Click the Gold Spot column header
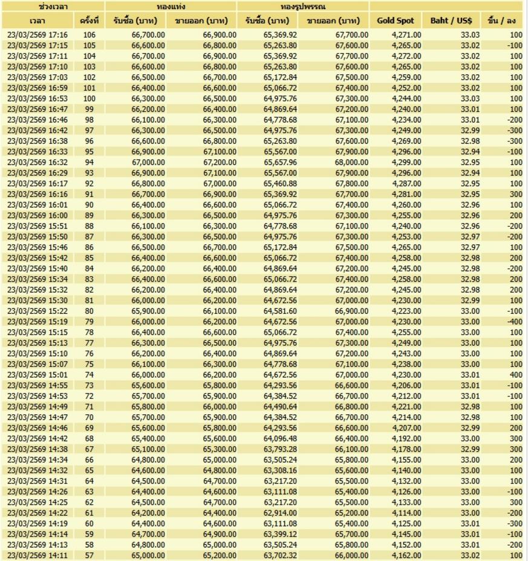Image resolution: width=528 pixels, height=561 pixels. click(396, 21)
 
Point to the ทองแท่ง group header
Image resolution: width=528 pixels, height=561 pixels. click(171, 6)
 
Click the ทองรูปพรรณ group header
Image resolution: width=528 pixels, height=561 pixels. click(303, 6)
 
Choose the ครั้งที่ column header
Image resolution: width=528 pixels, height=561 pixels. click(90, 21)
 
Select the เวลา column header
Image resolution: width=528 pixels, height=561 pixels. click(37, 21)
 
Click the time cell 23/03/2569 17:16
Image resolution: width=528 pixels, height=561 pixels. click(37, 35)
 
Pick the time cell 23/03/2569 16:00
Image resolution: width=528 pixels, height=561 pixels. click(37, 215)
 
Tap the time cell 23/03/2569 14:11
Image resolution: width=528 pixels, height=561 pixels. click(37, 555)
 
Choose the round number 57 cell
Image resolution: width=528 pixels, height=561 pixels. click(90, 555)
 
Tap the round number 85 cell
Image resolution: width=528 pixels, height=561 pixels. click(90, 258)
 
